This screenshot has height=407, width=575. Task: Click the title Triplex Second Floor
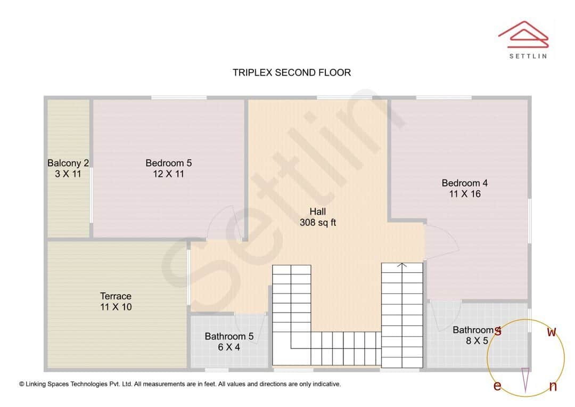point(292,72)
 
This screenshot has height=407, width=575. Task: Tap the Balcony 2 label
point(68,163)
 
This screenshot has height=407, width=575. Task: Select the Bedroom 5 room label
point(168,163)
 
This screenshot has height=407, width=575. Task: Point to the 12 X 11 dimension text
point(168,174)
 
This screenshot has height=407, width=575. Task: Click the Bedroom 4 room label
point(464,183)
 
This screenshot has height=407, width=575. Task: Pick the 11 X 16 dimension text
point(464,194)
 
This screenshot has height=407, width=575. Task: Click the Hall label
point(317,211)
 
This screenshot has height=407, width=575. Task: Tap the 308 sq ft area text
point(317,223)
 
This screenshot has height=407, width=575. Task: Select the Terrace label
point(116,296)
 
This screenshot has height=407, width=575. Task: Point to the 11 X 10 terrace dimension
point(116,307)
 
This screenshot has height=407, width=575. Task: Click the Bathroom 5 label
point(229,336)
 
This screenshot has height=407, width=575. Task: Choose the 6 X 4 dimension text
point(229,347)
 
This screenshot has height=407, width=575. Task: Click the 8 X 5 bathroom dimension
point(477,341)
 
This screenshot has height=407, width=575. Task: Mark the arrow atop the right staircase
point(402,264)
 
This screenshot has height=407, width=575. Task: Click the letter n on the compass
point(553,387)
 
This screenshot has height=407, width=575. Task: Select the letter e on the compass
point(497,386)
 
